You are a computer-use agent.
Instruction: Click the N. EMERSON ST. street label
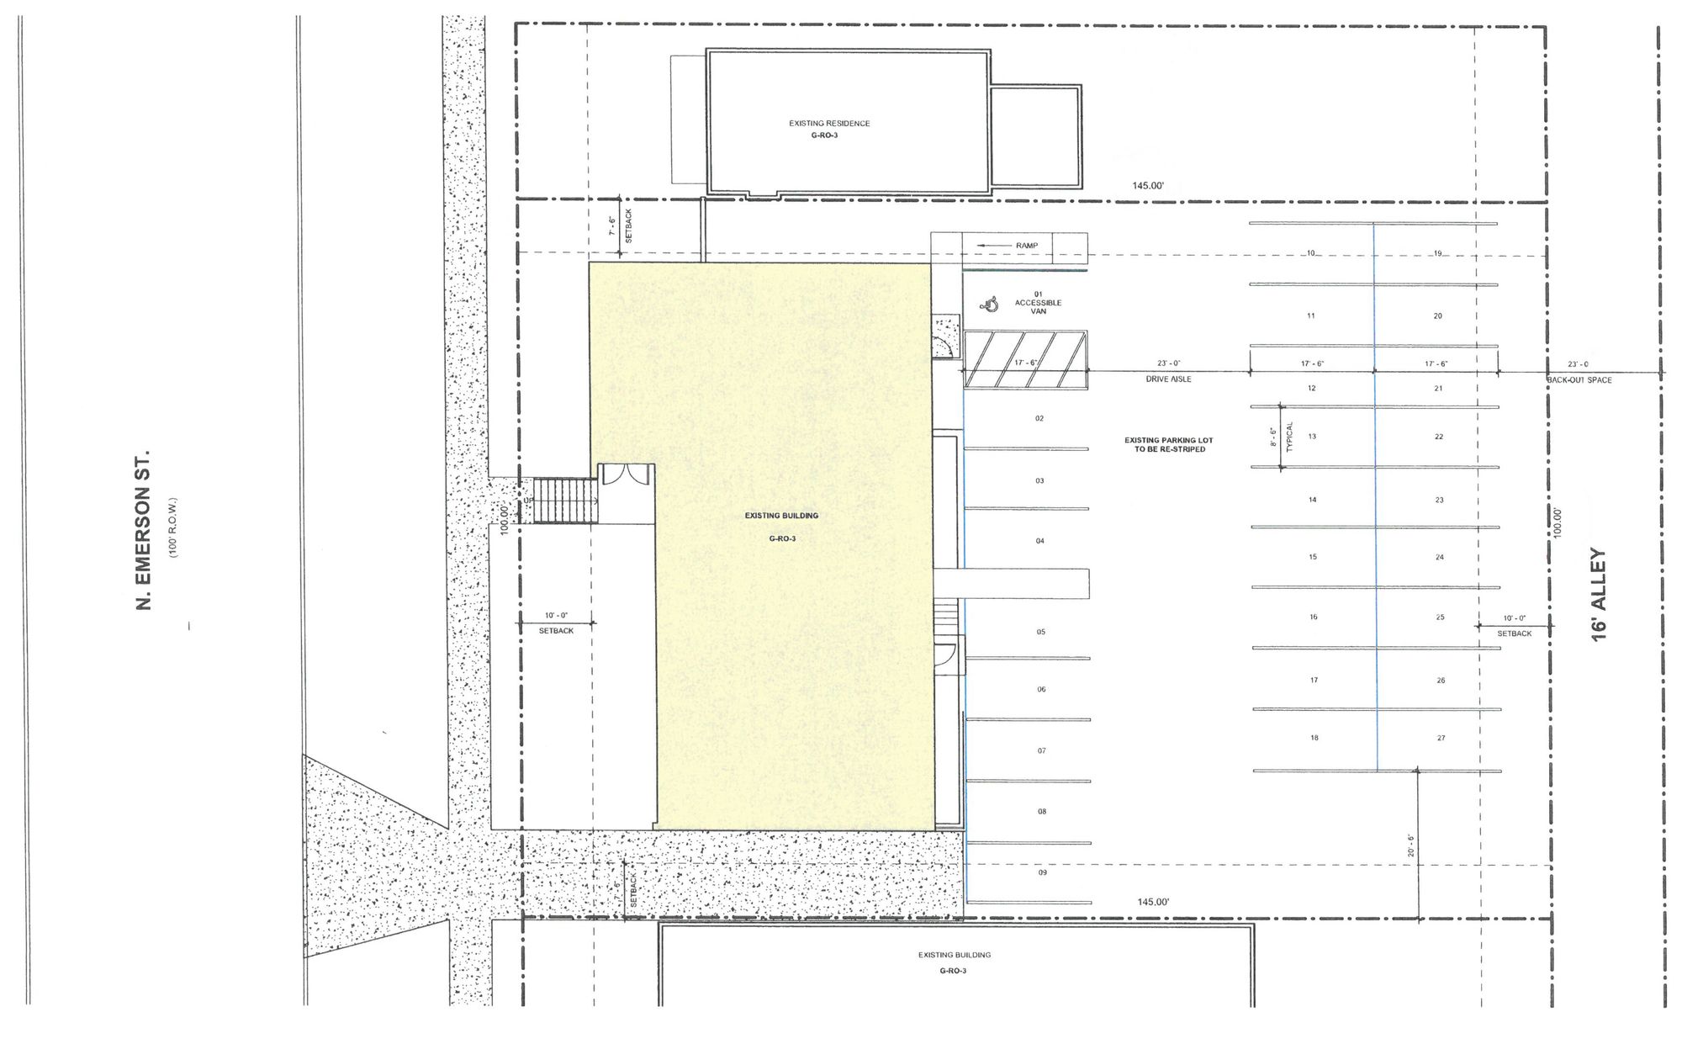[143, 530]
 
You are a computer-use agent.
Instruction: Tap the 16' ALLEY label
[1599, 595]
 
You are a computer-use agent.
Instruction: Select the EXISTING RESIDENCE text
[829, 124]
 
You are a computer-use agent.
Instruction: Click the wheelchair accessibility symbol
[991, 304]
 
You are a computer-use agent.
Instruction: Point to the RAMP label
[1027, 246]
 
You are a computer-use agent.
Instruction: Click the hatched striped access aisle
[1025, 359]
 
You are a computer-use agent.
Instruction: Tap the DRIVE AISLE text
[1169, 379]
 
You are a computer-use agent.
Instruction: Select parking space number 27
[1441, 738]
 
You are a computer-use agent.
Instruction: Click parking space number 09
[1042, 872]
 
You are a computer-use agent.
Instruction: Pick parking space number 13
[1312, 437]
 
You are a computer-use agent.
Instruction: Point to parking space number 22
[1439, 437]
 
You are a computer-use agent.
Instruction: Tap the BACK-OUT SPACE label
[1579, 380]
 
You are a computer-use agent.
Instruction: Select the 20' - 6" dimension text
[1411, 845]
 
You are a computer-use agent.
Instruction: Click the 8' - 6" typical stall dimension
[1273, 437]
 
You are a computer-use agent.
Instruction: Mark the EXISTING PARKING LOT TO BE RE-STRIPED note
[1169, 444]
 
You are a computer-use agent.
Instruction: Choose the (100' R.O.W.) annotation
[173, 527]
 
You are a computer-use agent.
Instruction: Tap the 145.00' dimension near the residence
[1148, 186]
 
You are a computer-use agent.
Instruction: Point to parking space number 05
[1041, 632]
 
